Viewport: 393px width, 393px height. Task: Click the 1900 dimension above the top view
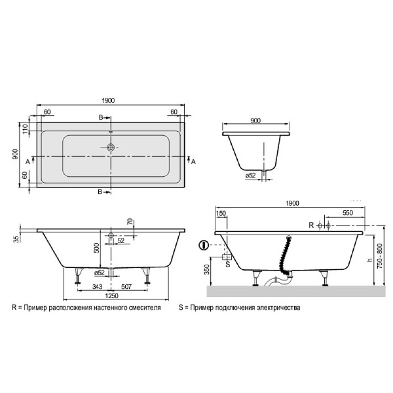pyautogui.click(x=108, y=101)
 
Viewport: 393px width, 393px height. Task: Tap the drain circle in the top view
pyautogui.click(x=111, y=147)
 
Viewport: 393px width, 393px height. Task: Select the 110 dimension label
pyautogui.click(x=25, y=129)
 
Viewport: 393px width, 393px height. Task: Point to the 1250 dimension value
pyautogui.click(x=112, y=296)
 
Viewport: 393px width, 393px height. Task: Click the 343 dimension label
pyautogui.click(x=97, y=286)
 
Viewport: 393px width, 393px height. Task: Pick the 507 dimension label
pyautogui.click(x=126, y=286)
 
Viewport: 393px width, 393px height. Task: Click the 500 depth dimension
pyautogui.click(x=96, y=248)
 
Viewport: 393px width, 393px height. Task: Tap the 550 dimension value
pyautogui.click(x=348, y=213)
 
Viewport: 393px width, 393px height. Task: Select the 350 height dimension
pyautogui.click(x=206, y=269)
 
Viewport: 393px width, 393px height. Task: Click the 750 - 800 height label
pyautogui.click(x=380, y=256)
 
